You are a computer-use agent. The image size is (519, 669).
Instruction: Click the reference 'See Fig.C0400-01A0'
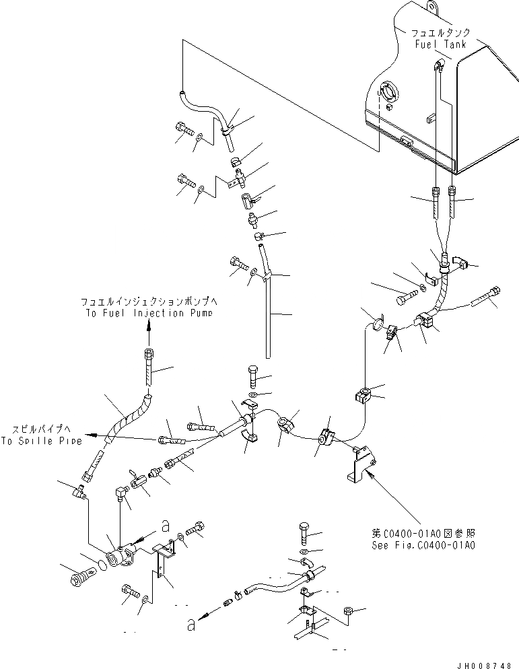click(423, 544)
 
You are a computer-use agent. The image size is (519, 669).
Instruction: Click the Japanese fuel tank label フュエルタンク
click(442, 32)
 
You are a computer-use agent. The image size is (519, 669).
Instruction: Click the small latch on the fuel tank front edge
click(406, 141)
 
